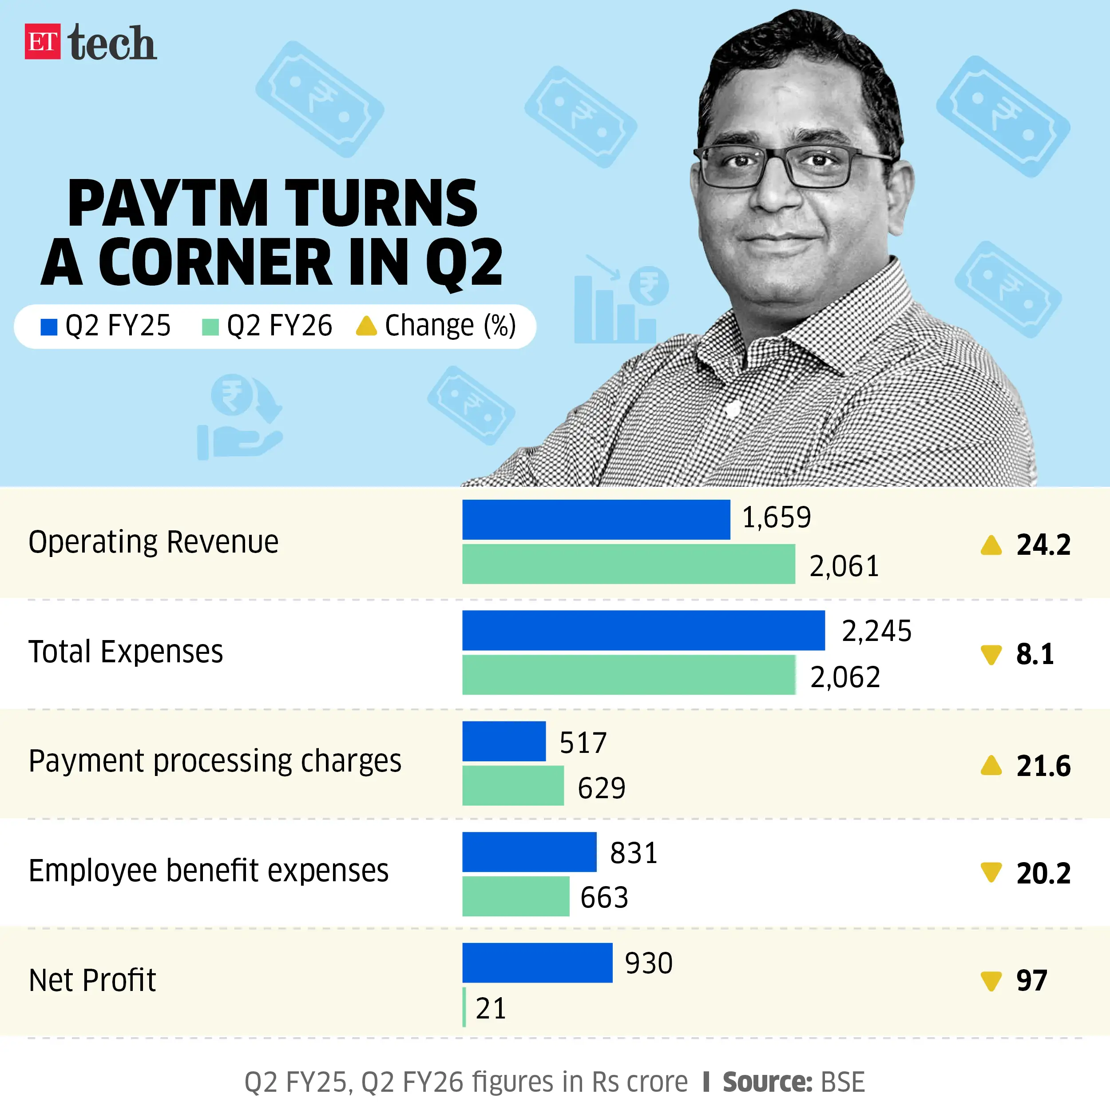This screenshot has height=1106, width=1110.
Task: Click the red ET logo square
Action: [x=42, y=41]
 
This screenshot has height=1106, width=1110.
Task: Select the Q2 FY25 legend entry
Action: [x=106, y=326]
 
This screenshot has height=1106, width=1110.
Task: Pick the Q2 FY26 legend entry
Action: [x=268, y=326]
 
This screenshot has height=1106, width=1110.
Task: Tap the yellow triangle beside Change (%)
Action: [x=366, y=326]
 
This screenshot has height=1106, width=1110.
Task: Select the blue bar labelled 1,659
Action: [x=596, y=520]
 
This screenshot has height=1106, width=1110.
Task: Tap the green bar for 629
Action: [x=512, y=785]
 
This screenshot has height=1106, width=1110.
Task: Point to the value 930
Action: [x=648, y=963]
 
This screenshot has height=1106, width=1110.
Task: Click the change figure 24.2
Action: [x=1043, y=545]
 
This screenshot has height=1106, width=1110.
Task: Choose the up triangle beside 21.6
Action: [x=991, y=766]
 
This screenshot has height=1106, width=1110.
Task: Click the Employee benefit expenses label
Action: [x=209, y=870]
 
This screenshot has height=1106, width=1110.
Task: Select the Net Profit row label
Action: [x=92, y=980]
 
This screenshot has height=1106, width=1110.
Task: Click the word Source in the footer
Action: [x=766, y=1082]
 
